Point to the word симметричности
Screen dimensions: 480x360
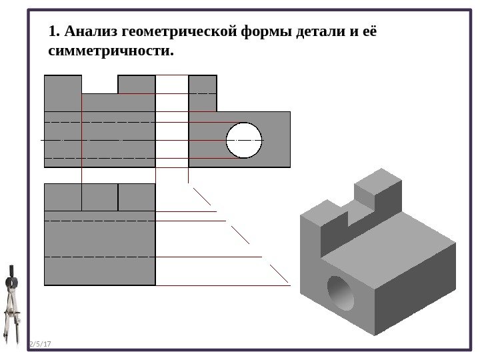click(111, 51)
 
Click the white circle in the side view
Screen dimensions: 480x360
click(244, 141)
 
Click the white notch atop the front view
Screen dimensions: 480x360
click(99, 84)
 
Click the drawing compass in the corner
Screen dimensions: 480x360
click(11, 307)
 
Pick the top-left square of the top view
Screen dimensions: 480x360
click(63, 197)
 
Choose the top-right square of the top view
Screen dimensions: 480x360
click(137, 197)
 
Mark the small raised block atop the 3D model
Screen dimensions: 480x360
click(377, 189)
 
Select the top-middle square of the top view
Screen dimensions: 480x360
click(99, 197)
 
